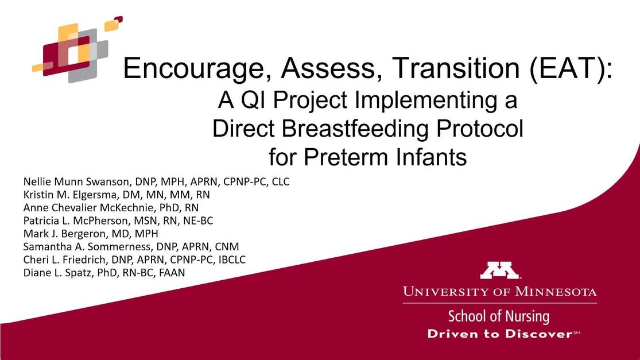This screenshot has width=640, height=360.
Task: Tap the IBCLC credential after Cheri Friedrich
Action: click(x=230, y=260)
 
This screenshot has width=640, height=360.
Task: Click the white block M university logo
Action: click(x=499, y=270)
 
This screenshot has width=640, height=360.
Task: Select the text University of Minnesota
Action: click(x=499, y=292)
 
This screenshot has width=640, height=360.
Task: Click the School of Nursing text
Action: click(x=499, y=316)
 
